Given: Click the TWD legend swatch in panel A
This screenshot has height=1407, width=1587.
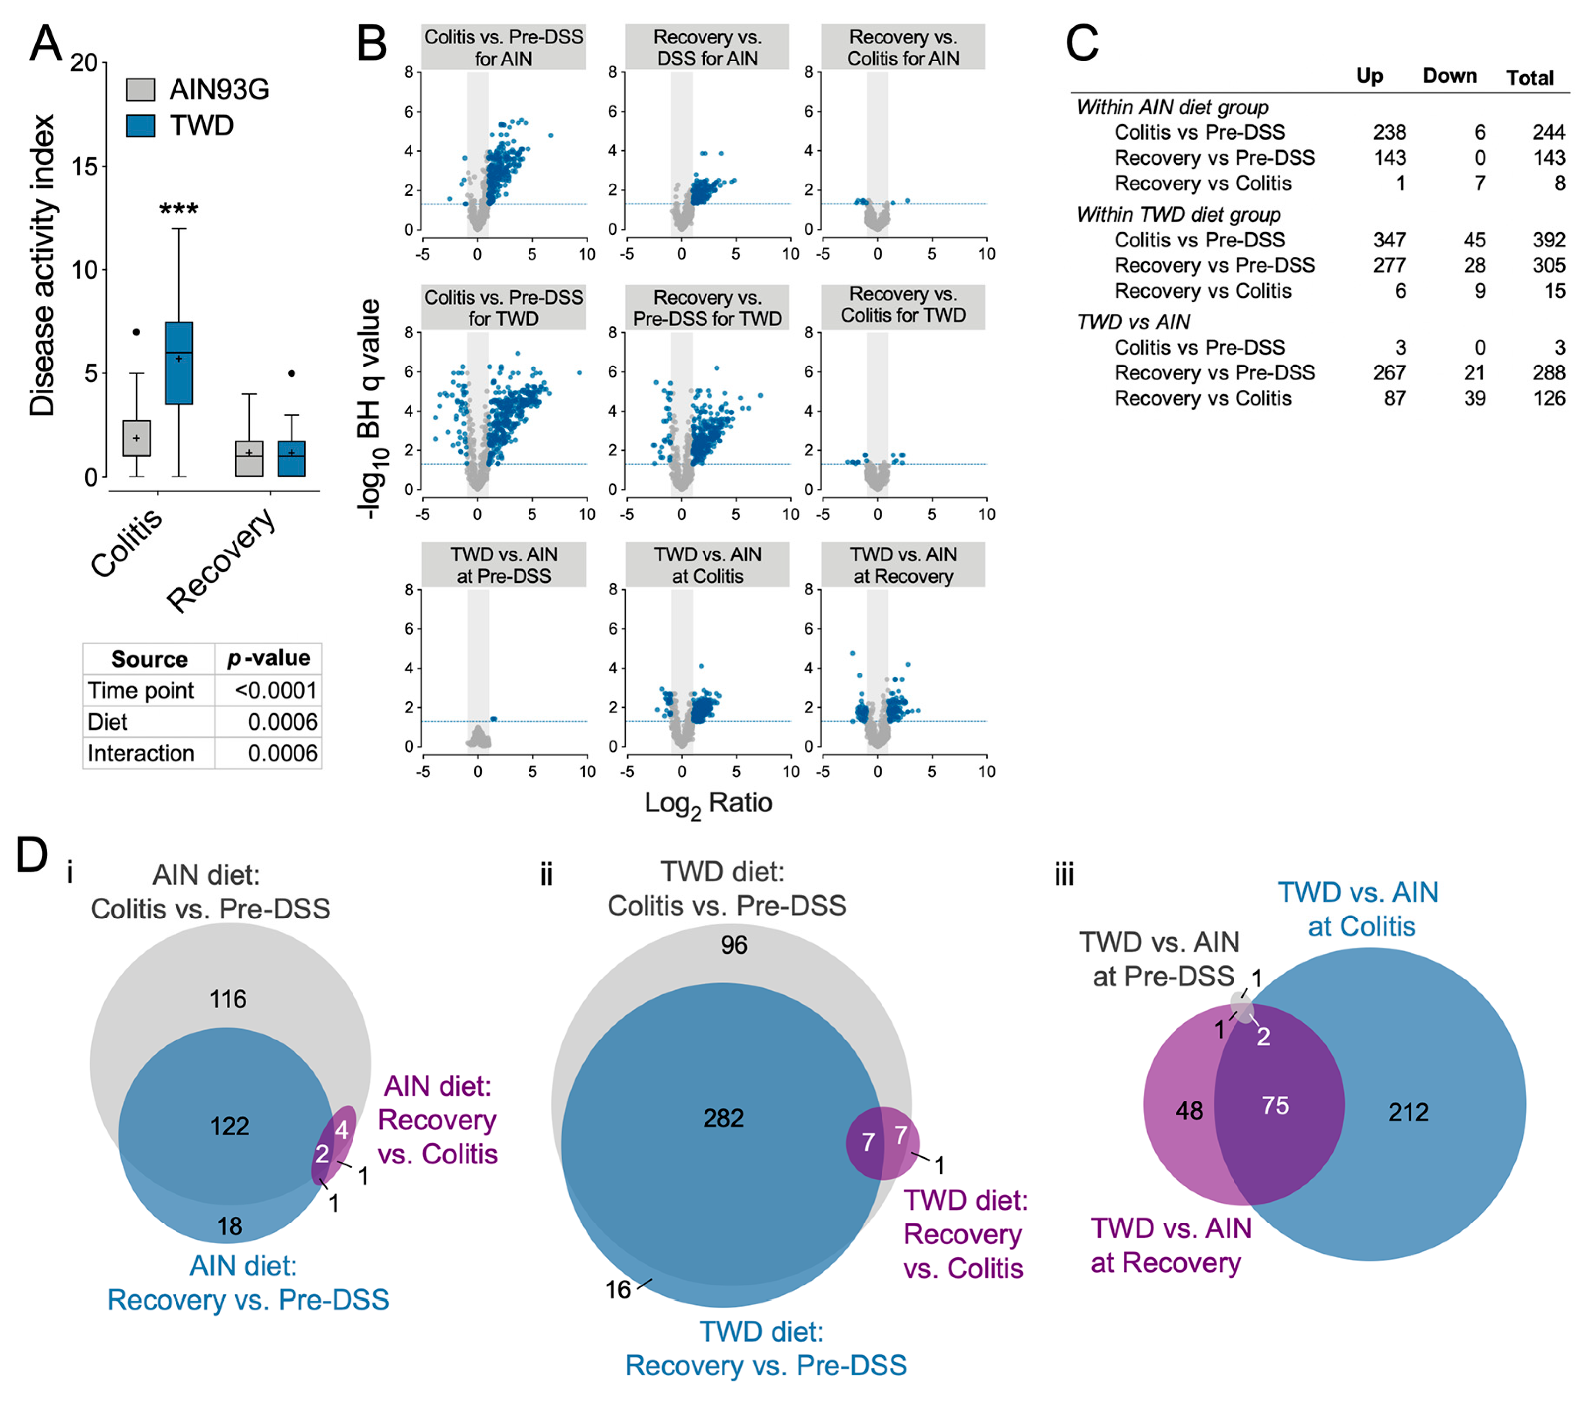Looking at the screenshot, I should pyautogui.click(x=140, y=126).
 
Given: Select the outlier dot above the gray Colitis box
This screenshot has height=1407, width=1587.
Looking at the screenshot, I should pyautogui.click(x=137, y=332).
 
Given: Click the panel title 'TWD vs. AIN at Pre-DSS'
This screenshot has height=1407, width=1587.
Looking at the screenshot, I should pyautogui.click(x=504, y=564).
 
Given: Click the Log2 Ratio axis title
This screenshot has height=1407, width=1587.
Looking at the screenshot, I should pyautogui.click(x=708, y=803).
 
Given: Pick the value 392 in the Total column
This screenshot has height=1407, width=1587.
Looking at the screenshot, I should pyautogui.click(x=1548, y=240).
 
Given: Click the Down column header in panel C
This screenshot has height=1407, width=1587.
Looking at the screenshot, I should pyautogui.click(x=1449, y=76).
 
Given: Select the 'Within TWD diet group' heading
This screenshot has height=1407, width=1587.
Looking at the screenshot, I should pyautogui.click(x=1178, y=214).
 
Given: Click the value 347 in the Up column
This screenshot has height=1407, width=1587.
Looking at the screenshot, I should pyautogui.click(x=1389, y=240).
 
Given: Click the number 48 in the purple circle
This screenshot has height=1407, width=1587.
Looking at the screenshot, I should pyautogui.click(x=1189, y=1110).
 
